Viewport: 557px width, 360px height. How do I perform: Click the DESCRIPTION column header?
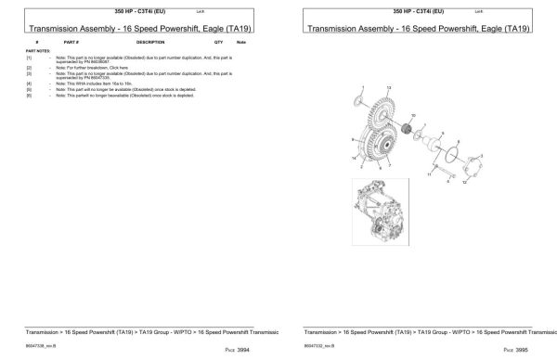click(150, 43)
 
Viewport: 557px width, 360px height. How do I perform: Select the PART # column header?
click(71, 43)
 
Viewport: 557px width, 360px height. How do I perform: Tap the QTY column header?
click(218, 43)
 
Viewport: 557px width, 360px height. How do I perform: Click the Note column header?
click(241, 43)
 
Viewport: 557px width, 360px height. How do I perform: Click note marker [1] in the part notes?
click(29, 58)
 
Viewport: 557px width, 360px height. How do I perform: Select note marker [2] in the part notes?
click(29, 68)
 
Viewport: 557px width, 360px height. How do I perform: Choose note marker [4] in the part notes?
click(29, 84)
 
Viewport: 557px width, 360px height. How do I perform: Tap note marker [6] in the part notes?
click(29, 95)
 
